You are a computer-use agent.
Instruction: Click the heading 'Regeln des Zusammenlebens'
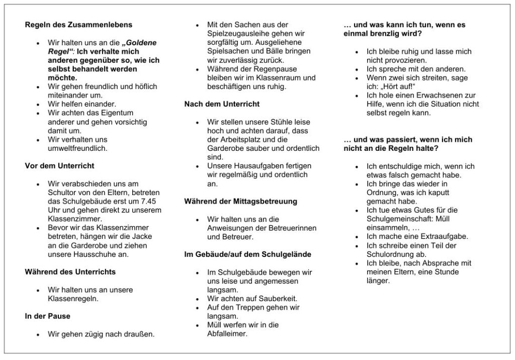[x=78, y=25]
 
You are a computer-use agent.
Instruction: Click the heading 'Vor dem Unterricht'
[x=59, y=166]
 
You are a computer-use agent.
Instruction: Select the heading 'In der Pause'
[x=47, y=316]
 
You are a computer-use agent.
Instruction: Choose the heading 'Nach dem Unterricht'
[x=222, y=104]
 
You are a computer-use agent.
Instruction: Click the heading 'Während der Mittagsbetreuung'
[x=240, y=201]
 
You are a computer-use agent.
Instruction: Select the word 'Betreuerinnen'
[x=293, y=228]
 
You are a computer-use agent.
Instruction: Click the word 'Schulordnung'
[x=391, y=254]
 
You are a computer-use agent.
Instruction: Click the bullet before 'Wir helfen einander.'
[x=38, y=105]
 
